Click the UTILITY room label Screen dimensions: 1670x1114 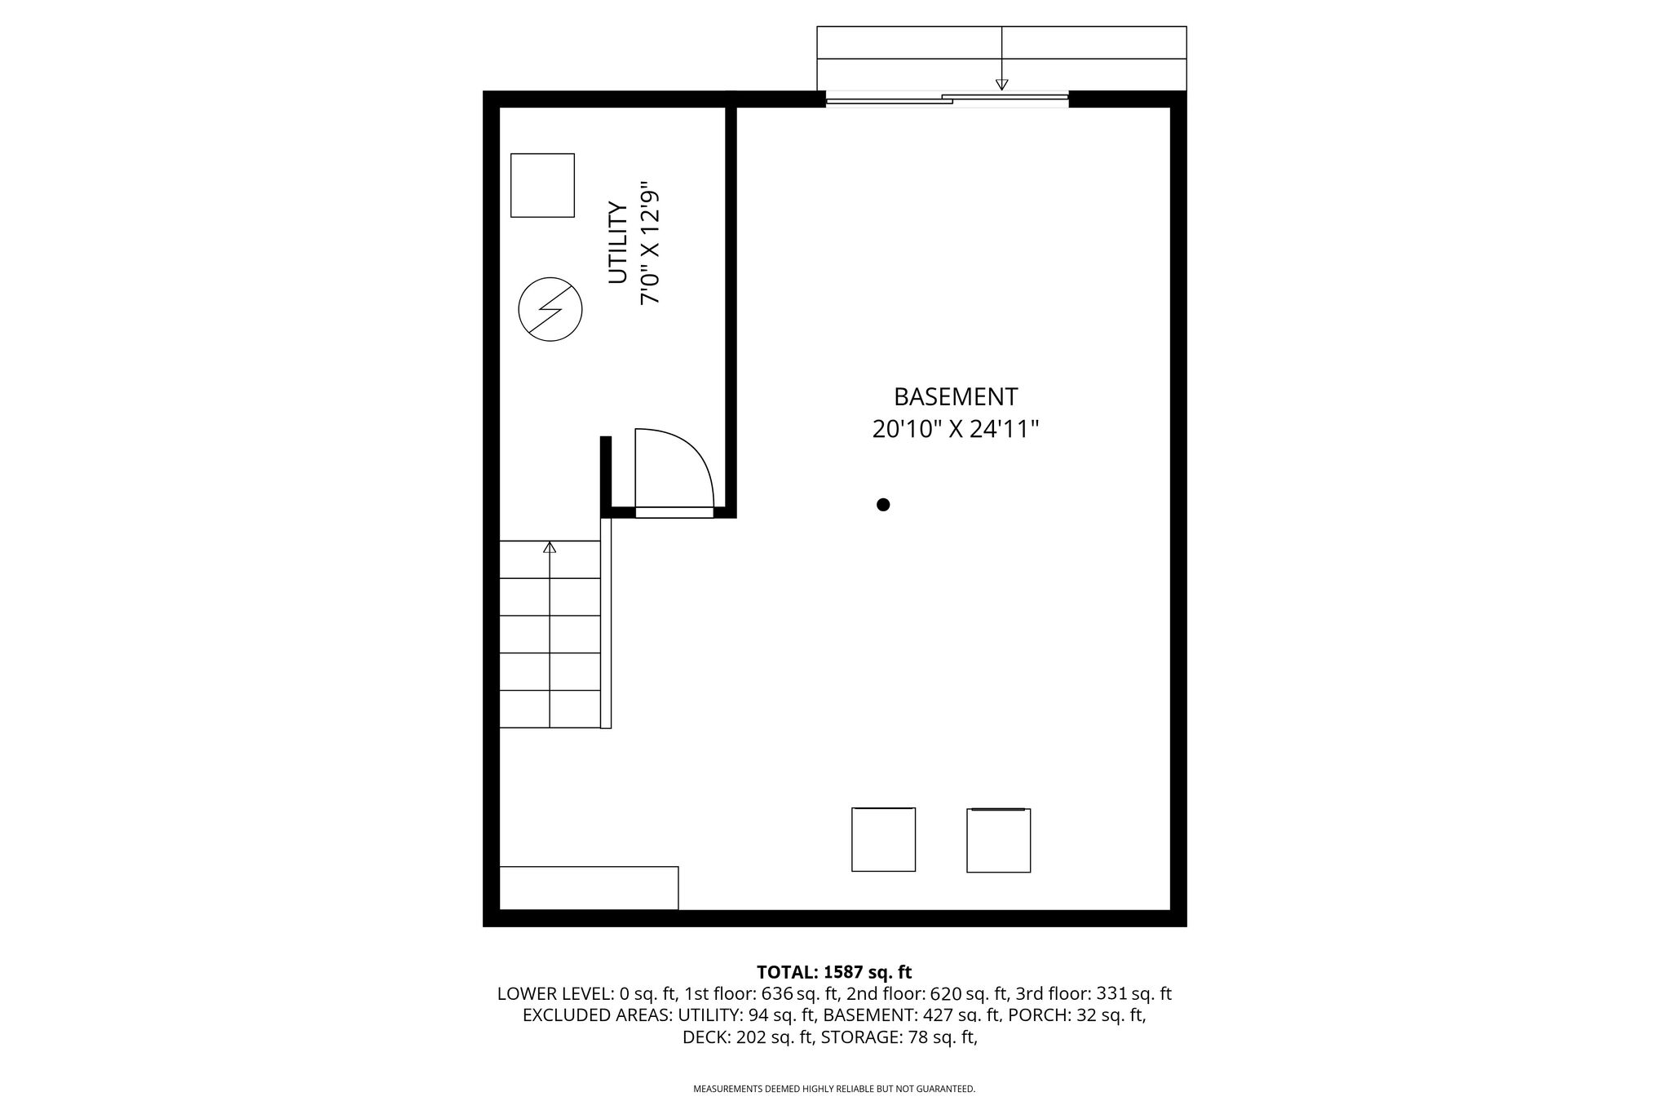[618, 243]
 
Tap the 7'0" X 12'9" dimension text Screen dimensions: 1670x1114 [649, 243]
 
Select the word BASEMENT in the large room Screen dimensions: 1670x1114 [956, 397]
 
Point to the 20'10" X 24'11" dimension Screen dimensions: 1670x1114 [956, 429]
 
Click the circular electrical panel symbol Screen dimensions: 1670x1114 [550, 310]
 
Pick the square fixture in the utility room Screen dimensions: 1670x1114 [542, 185]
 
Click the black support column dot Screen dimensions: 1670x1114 [883, 505]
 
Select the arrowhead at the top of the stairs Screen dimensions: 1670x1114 [550, 546]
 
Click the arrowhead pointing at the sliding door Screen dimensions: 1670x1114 [1002, 84]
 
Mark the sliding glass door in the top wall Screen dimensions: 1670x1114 [947, 99]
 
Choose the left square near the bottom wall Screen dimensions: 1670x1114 [883, 839]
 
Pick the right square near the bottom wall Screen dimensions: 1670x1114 [999, 840]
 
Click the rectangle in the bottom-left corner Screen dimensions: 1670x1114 [589, 887]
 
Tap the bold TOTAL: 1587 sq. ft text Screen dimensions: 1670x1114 [834, 972]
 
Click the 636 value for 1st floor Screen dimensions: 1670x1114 [776, 994]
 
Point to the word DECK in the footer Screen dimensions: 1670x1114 [707, 1037]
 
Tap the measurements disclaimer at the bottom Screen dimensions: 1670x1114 [834, 1089]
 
